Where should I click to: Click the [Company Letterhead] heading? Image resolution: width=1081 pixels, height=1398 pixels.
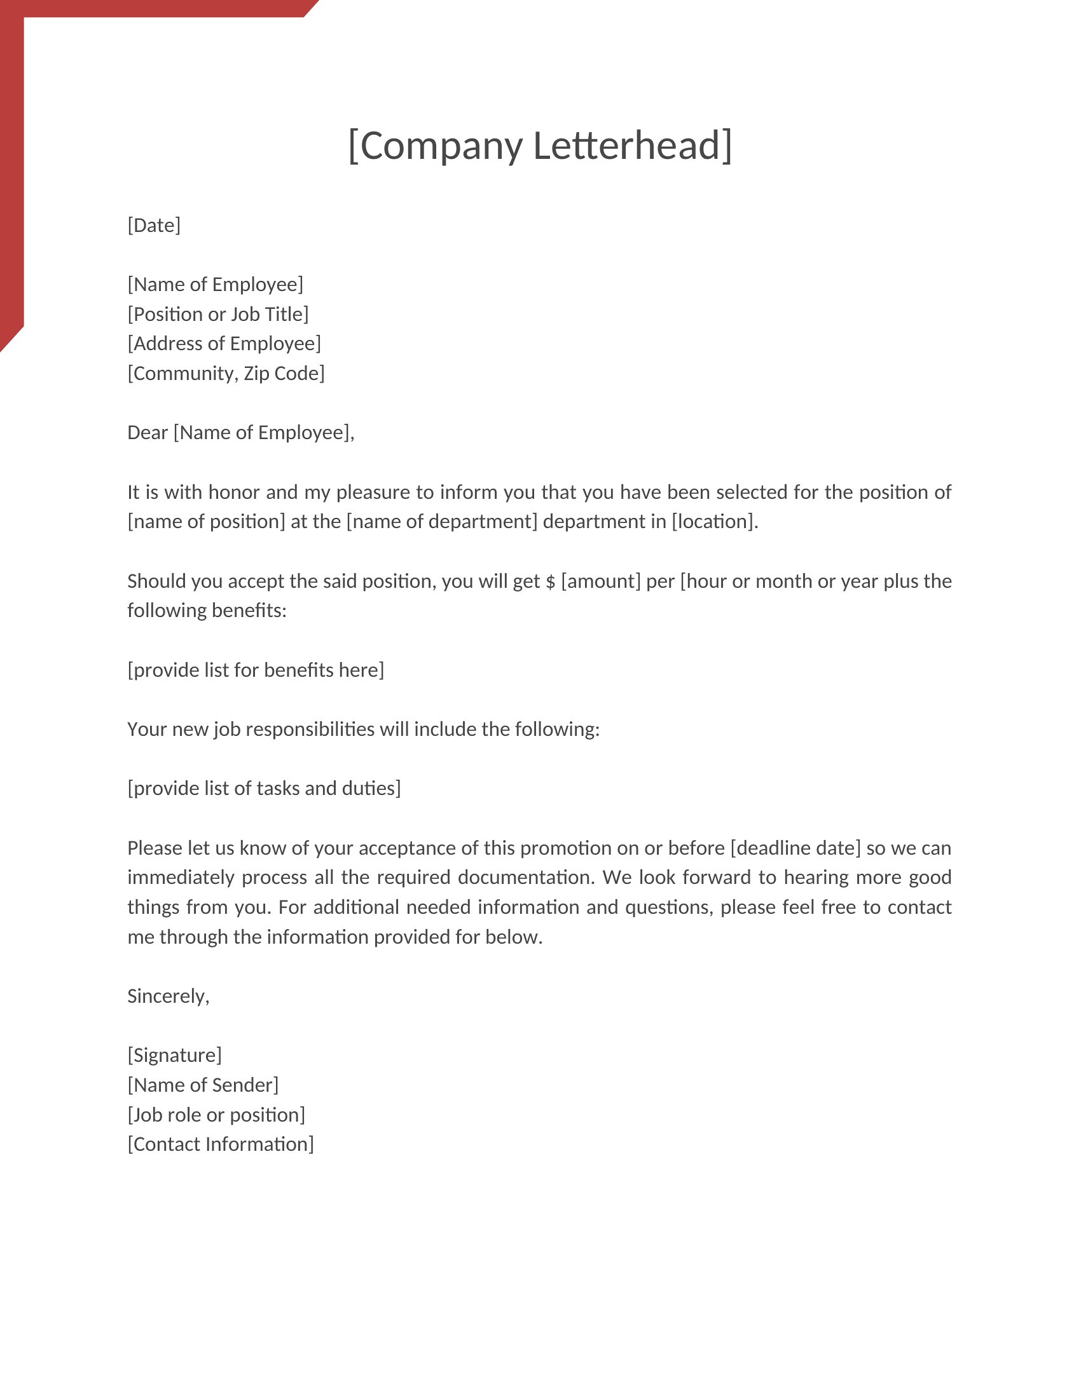point(540,146)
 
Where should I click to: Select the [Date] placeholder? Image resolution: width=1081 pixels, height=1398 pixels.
point(154,226)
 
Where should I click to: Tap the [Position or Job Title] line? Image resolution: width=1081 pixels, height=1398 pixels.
point(217,315)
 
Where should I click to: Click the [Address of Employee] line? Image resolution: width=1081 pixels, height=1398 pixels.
point(224,344)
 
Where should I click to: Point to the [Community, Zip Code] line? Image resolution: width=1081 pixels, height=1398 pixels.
point(226,373)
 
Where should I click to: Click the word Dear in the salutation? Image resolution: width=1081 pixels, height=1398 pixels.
point(148,433)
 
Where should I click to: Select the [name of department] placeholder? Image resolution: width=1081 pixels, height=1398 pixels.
point(442,522)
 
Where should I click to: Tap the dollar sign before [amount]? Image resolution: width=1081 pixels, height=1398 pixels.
point(550,582)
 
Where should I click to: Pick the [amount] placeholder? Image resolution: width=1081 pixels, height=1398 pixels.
point(601,581)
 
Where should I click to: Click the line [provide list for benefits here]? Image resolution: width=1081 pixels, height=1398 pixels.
point(256,670)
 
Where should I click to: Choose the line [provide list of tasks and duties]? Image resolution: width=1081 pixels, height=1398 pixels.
point(264,789)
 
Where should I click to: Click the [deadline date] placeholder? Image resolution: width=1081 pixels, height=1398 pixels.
point(795,848)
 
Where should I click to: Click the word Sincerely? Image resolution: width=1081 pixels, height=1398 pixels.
point(167,996)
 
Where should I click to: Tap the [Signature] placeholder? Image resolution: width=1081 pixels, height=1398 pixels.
point(174,1055)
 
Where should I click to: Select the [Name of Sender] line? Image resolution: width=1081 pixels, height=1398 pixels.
point(203,1085)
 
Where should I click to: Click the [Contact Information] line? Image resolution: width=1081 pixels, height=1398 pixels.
point(220,1144)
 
